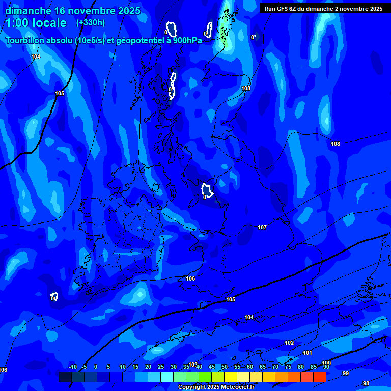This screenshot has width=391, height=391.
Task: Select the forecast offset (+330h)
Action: (x=91, y=22)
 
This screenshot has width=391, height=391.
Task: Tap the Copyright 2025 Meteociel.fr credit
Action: (x=216, y=387)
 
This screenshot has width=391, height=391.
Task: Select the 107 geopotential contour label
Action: (x=262, y=227)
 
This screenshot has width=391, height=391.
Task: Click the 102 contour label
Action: (x=289, y=343)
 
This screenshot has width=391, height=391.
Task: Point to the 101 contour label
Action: (x=307, y=353)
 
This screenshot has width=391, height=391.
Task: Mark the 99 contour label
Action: (x=346, y=373)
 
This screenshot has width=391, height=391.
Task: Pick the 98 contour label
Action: (x=366, y=383)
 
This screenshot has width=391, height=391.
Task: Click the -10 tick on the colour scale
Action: (x=72, y=367)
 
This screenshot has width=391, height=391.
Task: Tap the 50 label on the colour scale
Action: (x=224, y=367)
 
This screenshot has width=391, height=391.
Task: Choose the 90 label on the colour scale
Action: (x=326, y=367)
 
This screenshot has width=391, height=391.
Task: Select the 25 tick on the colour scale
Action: (x=160, y=367)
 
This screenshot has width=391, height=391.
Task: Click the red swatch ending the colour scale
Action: (x=319, y=377)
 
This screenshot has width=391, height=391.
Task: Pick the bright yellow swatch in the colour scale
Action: (x=230, y=377)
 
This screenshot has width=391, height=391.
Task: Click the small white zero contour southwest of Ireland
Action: (x=54, y=296)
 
